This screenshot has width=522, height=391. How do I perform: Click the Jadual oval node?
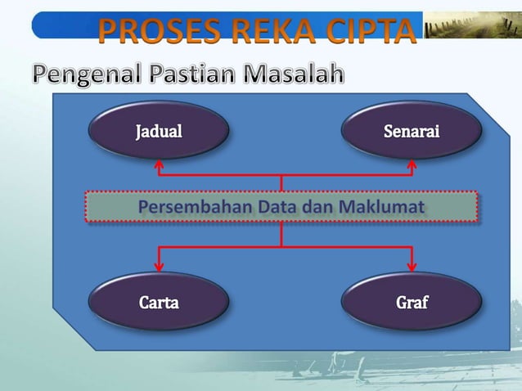[159, 129]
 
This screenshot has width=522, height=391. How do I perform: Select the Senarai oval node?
[411, 129]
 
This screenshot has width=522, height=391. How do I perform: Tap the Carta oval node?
[159, 301]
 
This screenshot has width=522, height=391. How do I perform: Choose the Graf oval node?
[411, 301]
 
